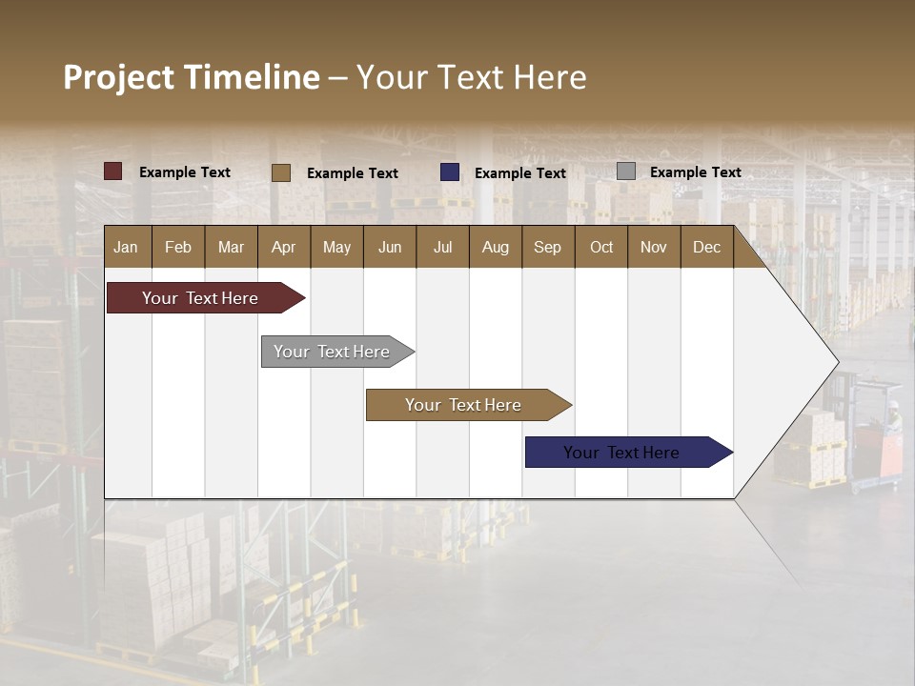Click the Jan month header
click(127, 247)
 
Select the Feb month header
click(178, 247)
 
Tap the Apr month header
click(283, 247)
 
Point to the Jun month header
click(390, 247)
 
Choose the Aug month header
click(495, 247)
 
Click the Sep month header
click(547, 247)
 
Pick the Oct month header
click(601, 247)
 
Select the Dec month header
click(706, 247)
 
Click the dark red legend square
click(113, 171)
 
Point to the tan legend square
click(281, 172)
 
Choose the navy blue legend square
click(450, 172)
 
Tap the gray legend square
click(626, 171)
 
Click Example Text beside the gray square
click(695, 172)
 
